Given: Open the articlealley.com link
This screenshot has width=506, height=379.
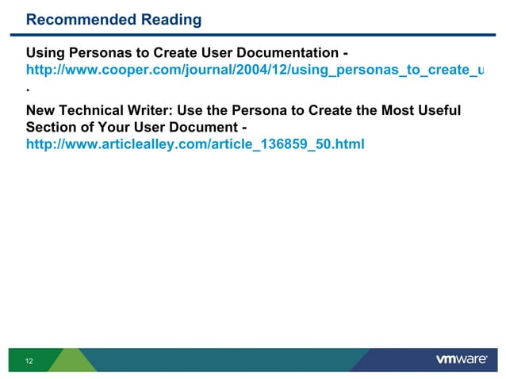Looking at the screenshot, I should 195,145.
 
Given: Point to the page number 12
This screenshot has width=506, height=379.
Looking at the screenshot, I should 29,362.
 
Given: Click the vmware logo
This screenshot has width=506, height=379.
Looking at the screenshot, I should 462,360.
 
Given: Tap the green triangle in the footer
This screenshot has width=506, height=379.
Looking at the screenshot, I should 71,360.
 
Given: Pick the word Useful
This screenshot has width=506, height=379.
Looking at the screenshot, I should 437,109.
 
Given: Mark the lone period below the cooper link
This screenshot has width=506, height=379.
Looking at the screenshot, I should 28,91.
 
